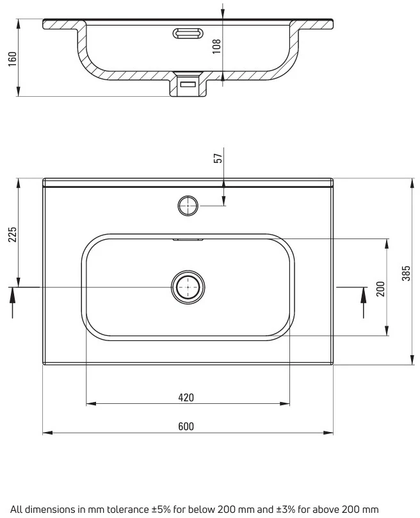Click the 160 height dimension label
click(12, 59)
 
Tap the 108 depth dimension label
click(216, 47)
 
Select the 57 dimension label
click(218, 158)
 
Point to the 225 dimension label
click(12, 234)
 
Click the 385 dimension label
click(406, 273)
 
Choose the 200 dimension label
click(381, 288)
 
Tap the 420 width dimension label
click(186, 397)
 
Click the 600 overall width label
click(186, 426)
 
